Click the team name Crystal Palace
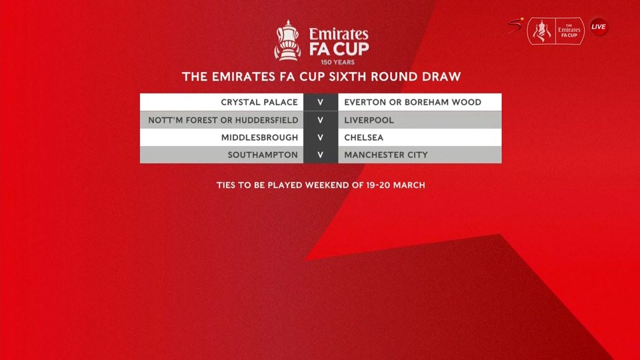259,103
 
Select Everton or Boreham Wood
413,103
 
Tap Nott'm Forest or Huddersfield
223,121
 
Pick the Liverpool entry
369,121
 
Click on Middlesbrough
259,137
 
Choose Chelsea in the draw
364,137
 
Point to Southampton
263,155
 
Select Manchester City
386,155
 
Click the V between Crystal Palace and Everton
321,103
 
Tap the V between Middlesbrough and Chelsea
321,137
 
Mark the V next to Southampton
321,155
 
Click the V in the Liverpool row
321,121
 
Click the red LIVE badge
599,27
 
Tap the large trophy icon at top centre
288,41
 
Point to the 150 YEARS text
337,63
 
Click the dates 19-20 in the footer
378,185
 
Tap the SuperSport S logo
515,27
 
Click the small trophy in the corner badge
541,31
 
